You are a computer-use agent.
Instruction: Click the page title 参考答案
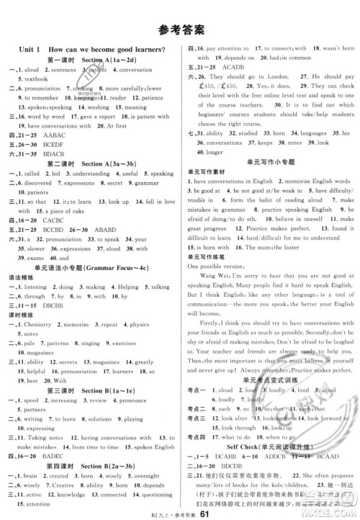(179, 30)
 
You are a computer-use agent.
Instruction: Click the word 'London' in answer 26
(303, 76)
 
